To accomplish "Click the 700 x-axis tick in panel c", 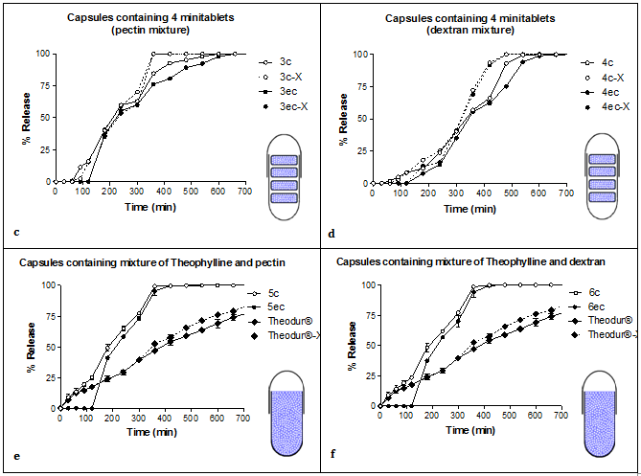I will [x=245, y=193].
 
